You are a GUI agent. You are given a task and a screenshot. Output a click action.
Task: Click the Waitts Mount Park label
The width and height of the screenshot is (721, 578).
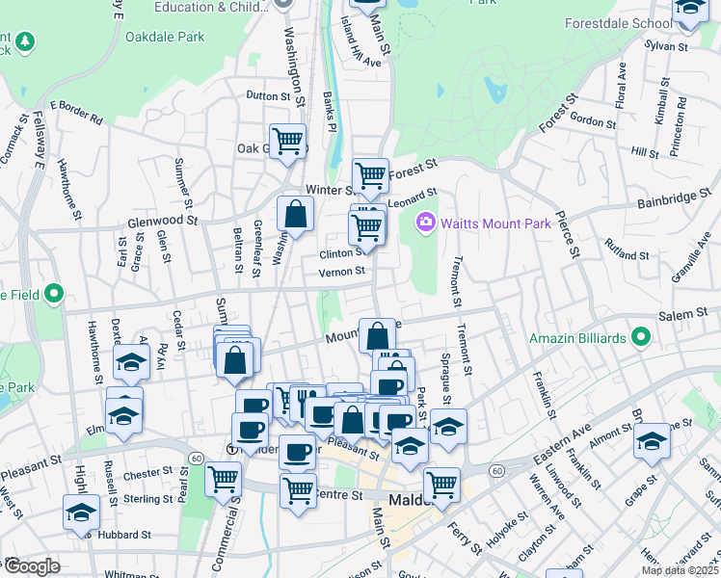pos(495,223)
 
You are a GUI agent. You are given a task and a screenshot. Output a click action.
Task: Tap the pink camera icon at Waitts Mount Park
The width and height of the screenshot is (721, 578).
pos(424,223)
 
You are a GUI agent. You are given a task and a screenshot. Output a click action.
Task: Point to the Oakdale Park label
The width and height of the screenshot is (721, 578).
pos(165,38)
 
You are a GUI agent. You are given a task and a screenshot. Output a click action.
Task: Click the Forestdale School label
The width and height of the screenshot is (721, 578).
pos(618,23)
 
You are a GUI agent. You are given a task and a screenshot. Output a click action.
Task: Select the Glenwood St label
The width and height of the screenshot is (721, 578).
pos(162,221)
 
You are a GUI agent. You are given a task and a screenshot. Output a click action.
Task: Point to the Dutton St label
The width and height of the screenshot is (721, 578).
pos(268,96)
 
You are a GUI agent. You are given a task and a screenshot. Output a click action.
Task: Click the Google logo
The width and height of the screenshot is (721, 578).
pos(31,566)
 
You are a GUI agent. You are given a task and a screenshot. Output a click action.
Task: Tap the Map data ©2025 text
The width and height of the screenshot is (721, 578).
pos(680,570)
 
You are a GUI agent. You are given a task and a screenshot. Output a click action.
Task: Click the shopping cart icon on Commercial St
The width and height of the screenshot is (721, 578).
pos(224,477)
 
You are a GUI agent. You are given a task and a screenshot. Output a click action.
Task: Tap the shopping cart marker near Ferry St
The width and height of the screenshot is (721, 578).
pos(441,485)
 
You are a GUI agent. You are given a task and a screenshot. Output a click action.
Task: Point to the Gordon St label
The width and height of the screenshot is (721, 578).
pos(593,122)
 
